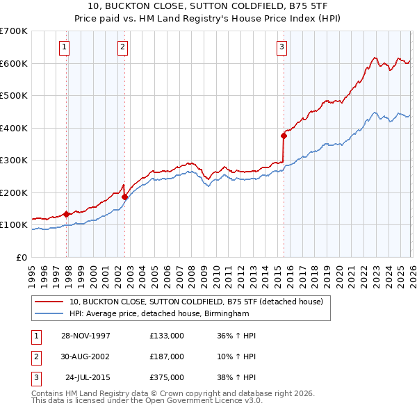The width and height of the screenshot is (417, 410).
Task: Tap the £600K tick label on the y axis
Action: (x=14, y=63)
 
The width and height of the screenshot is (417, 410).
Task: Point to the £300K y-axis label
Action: (x=14, y=161)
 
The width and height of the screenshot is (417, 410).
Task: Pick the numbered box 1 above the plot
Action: (x=64, y=47)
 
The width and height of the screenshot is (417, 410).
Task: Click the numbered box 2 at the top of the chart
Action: (x=122, y=47)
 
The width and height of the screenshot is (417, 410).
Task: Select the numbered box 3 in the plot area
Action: (x=281, y=47)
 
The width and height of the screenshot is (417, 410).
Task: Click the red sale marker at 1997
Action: (x=67, y=214)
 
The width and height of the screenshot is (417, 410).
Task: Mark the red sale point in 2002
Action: (x=125, y=197)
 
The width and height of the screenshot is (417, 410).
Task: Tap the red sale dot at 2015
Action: (x=284, y=136)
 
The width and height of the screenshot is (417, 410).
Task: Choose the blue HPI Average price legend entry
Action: (x=158, y=314)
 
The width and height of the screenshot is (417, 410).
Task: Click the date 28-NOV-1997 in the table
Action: (x=86, y=336)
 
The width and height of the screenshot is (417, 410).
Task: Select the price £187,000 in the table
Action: (x=167, y=356)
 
